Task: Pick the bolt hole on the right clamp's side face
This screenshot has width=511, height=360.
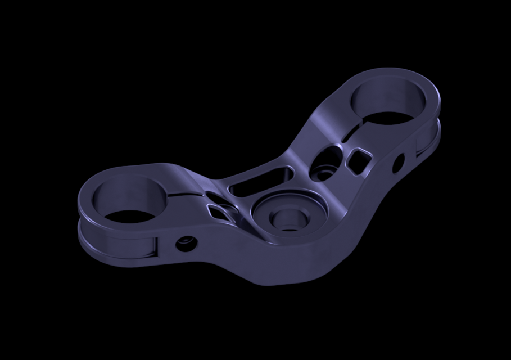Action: tap(398, 163)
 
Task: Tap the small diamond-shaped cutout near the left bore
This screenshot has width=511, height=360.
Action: tap(219, 211)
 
